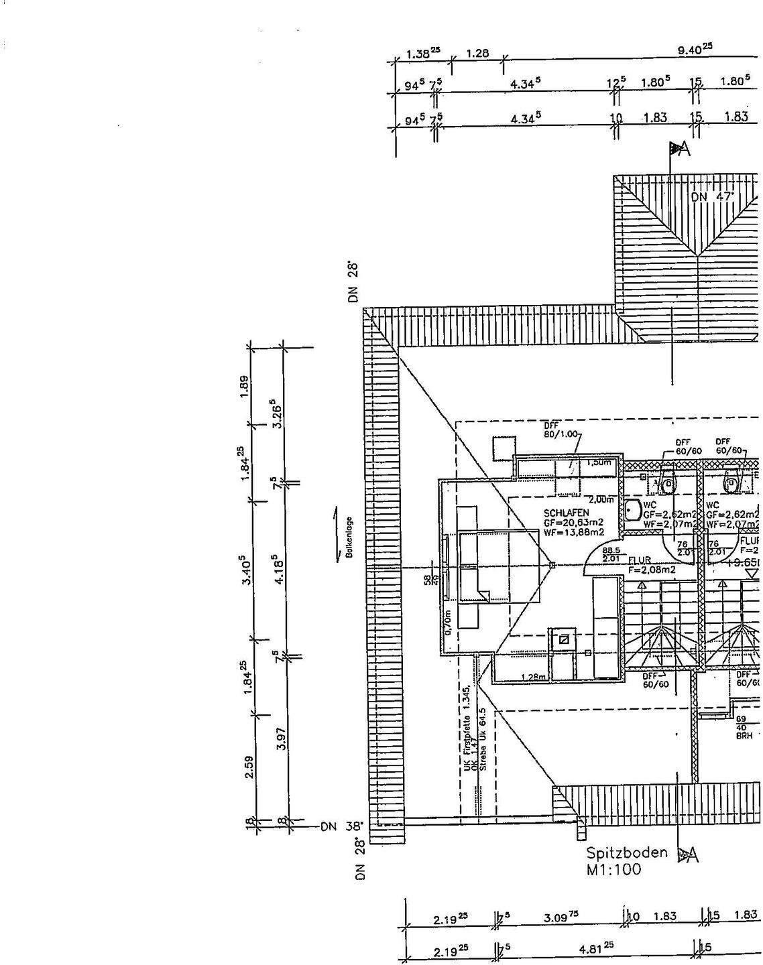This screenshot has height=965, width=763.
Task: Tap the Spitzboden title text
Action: click(x=627, y=853)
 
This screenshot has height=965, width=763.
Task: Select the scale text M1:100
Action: click(x=613, y=870)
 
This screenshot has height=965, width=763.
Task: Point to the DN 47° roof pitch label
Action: click(x=713, y=196)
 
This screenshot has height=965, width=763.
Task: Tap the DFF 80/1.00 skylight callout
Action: click(x=561, y=430)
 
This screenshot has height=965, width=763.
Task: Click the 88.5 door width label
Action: click(x=611, y=550)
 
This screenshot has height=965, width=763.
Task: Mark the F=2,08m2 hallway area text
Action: click(x=652, y=570)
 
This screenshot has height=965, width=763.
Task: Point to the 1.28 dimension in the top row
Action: click(x=477, y=54)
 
